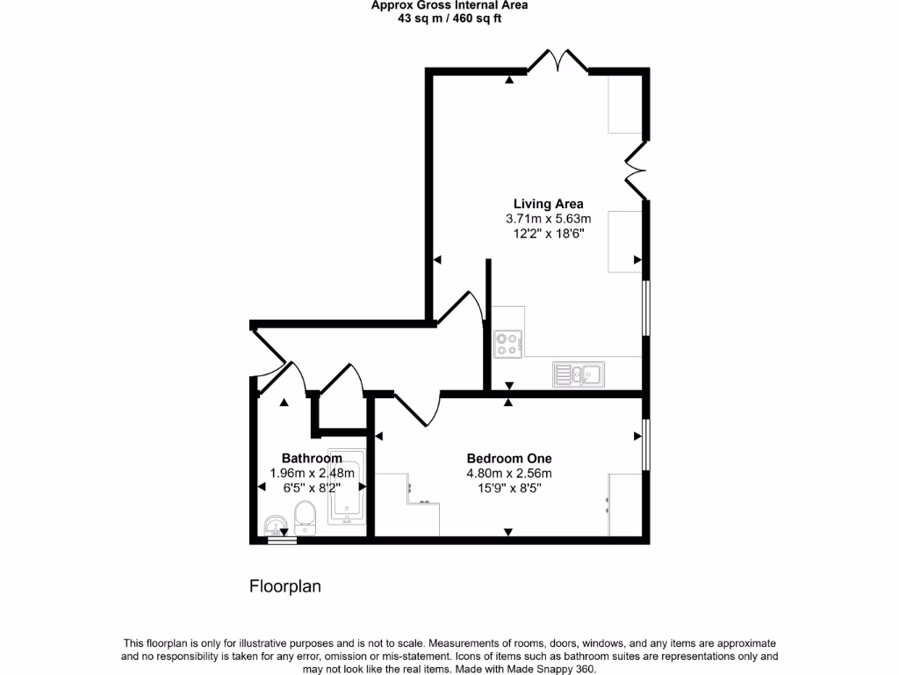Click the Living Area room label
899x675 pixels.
tap(548, 204)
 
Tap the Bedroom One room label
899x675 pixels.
tap(509, 458)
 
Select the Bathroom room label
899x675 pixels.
tap(312, 458)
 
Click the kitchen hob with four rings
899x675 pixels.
tap(507, 343)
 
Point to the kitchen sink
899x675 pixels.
tap(577, 374)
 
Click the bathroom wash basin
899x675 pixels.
tap(276, 526)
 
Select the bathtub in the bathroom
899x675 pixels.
tap(346, 488)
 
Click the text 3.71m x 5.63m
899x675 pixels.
tap(548, 219)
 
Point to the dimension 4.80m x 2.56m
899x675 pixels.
tap(509, 473)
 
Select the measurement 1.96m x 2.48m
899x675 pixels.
tap(312, 473)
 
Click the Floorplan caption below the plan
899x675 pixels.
tap(285, 586)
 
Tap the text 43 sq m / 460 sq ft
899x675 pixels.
tap(449, 18)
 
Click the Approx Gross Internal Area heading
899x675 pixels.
tap(449, 4)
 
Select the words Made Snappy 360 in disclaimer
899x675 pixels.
tap(557, 669)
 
